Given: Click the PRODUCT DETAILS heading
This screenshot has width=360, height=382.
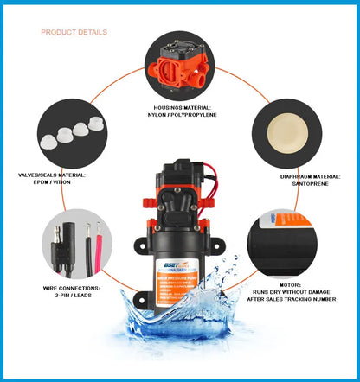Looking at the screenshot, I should click(74, 32).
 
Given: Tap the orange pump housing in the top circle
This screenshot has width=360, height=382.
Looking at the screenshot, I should click(180, 68).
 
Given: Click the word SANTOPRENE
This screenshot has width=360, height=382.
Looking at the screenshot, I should click(294, 182).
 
